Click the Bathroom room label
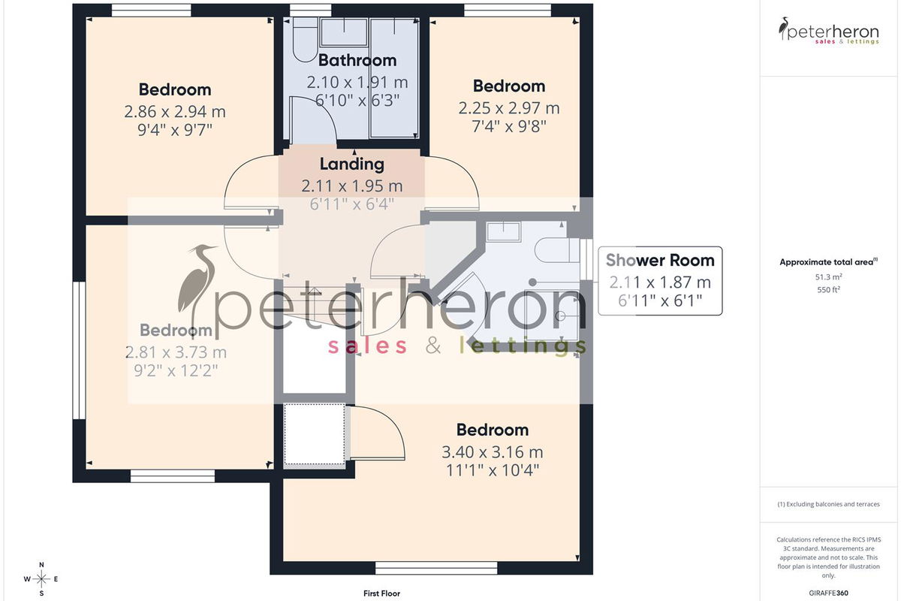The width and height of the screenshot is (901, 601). (357, 60)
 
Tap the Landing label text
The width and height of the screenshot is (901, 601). (352, 165)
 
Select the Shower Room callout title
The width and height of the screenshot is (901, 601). (660, 261)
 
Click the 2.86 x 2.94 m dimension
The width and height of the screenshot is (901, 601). (174, 111)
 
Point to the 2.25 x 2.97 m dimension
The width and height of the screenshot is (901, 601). (509, 108)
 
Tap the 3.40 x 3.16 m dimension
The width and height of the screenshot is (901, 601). (493, 452)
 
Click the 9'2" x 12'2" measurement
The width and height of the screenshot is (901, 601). (176, 370)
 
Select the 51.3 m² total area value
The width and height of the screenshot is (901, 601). (828, 277)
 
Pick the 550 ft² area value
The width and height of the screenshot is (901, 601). (828, 289)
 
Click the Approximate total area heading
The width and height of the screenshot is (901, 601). (828, 262)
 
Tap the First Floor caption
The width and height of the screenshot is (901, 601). (381, 593)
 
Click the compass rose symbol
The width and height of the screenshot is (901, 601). (41, 579)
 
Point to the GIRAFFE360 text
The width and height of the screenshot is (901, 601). (828, 593)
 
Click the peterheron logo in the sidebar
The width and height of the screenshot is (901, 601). (829, 31)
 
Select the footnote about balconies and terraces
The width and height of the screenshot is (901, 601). (828, 504)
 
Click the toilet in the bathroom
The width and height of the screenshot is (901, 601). (305, 41)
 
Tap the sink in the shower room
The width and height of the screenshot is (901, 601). (504, 231)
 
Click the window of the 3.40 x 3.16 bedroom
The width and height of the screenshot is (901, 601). (436, 568)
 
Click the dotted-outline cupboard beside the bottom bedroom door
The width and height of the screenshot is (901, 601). (315, 435)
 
